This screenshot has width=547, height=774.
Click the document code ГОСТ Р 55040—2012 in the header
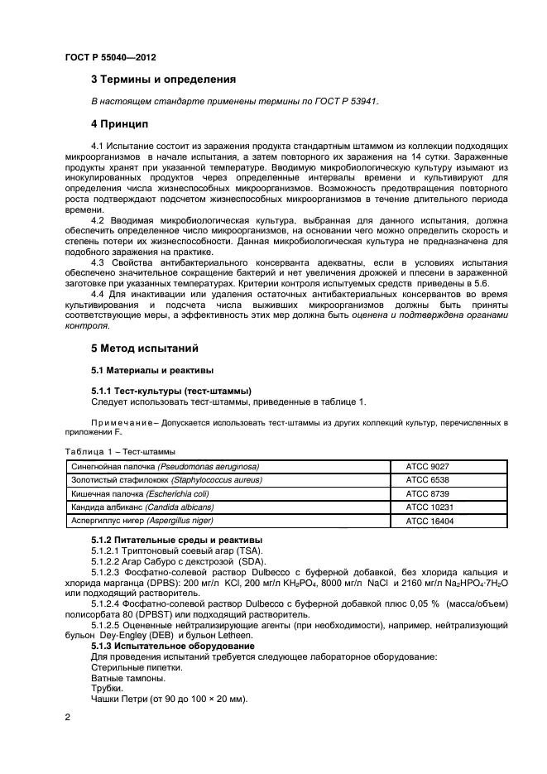pyautogui.click(x=110, y=57)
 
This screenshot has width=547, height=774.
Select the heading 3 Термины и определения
pyautogui.click(x=163, y=80)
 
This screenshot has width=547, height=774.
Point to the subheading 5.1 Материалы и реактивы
pyautogui.click(x=151, y=370)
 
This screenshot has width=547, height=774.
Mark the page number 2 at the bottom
pyautogui.click(x=66, y=720)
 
